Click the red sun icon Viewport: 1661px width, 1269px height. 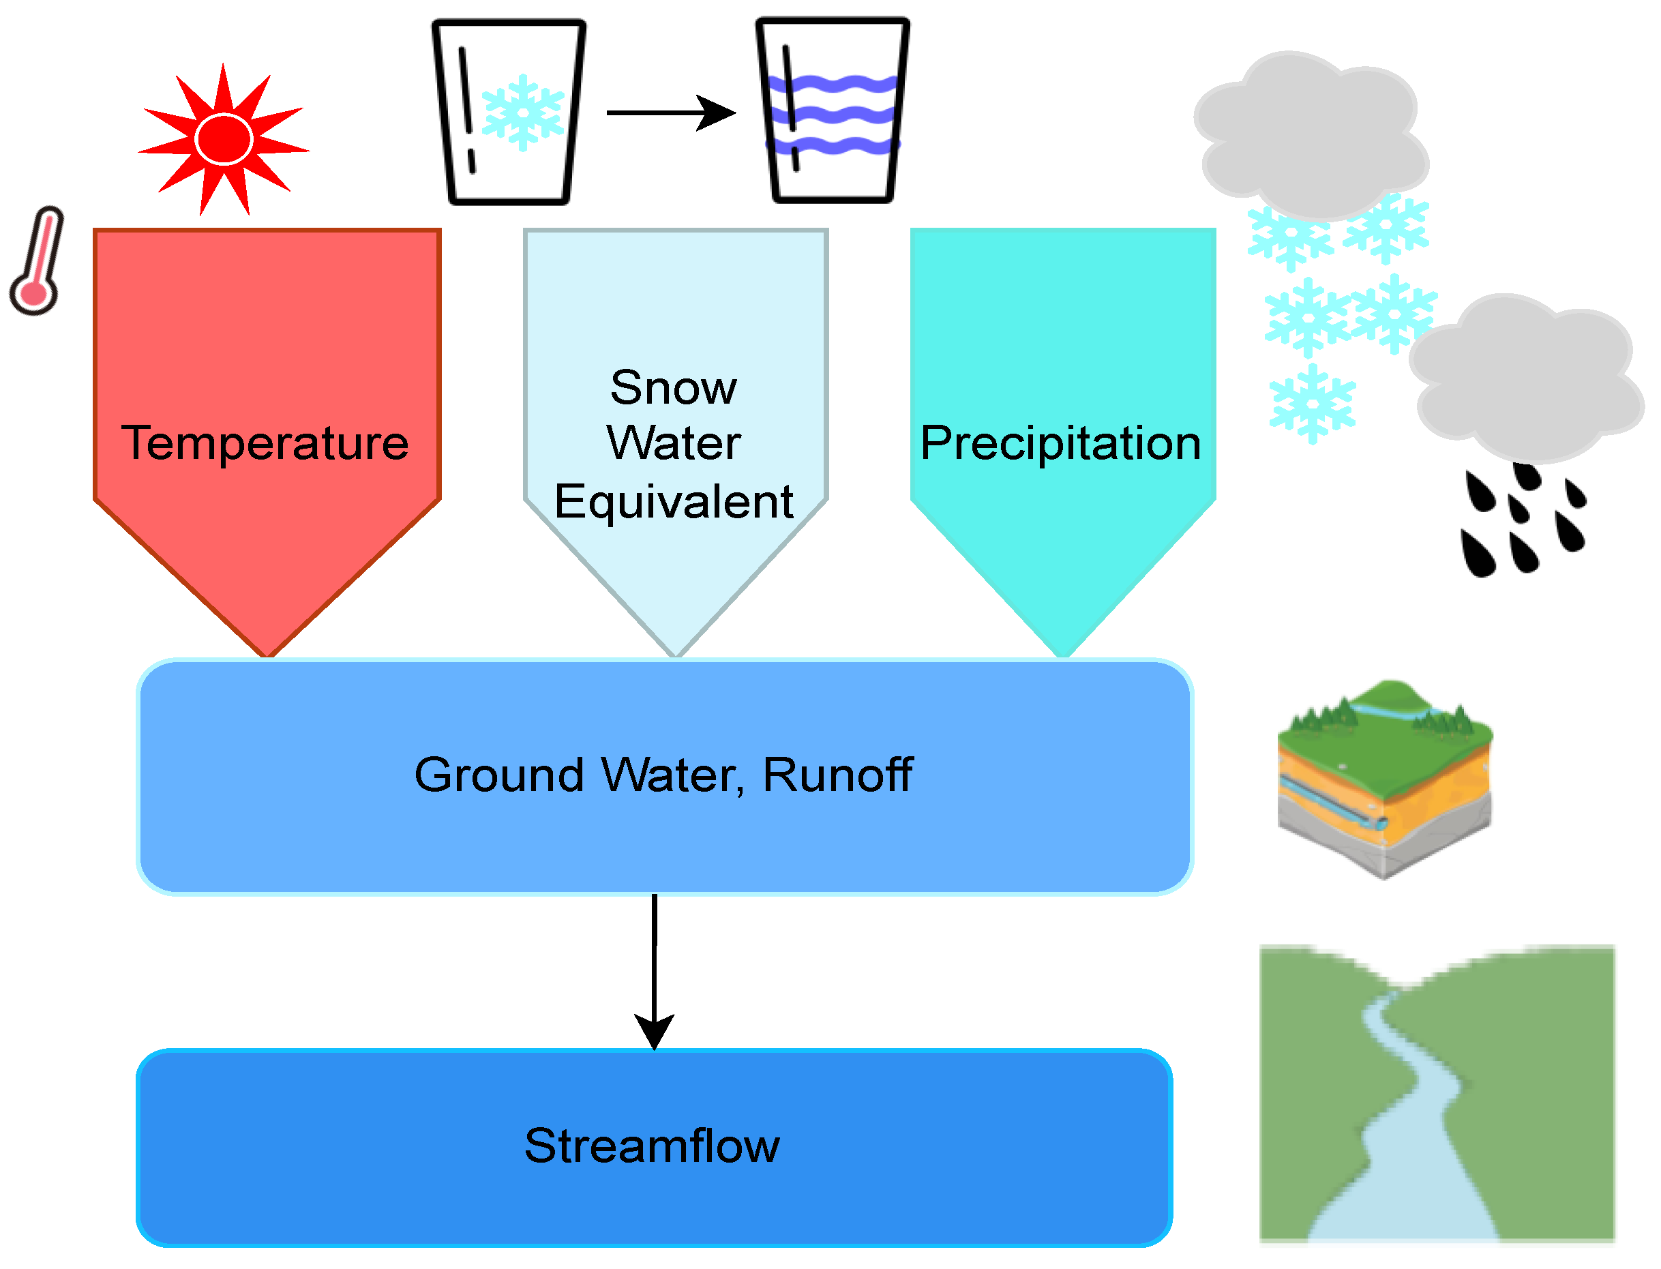coord(224,140)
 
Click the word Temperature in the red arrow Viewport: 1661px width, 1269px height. coord(265,443)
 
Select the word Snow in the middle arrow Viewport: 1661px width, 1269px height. coord(673,388)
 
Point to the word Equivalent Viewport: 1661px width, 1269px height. coord(673,502)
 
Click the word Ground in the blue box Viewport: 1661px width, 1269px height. coord(499,775)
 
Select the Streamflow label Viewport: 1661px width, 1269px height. coord(652,1146)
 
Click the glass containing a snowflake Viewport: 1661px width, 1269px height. coord(509,112)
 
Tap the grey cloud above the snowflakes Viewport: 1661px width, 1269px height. coord(1311,136)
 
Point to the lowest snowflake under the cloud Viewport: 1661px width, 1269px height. coord(1312,404)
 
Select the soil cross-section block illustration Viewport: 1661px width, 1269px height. coord(1383,778)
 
